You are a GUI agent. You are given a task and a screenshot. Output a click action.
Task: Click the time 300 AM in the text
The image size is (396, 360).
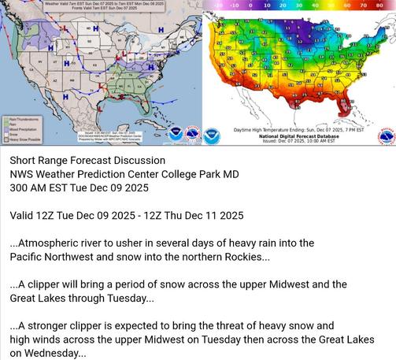click(31, 188)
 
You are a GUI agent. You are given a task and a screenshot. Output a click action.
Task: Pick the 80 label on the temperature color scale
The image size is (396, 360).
click(387, 5)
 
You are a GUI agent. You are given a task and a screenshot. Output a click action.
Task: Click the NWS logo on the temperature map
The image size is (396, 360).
click(386, 136)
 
